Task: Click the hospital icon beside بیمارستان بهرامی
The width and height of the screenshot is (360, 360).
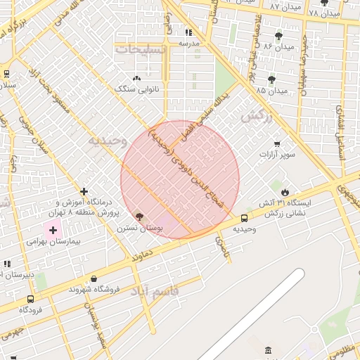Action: [53, 230]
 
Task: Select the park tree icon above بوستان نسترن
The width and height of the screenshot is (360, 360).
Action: [139, 216]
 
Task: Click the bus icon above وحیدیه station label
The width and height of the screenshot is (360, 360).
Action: [244, 218]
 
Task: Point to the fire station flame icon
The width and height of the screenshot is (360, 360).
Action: [285, 192]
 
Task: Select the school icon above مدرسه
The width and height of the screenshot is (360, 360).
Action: [188, 32]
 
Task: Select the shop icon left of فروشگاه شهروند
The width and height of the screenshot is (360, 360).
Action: [74, 278]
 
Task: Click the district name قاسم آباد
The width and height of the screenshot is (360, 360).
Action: [155, 290]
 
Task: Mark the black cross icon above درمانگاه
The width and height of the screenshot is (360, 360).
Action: [84, 191]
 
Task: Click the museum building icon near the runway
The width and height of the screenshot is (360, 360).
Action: [268, 350]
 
